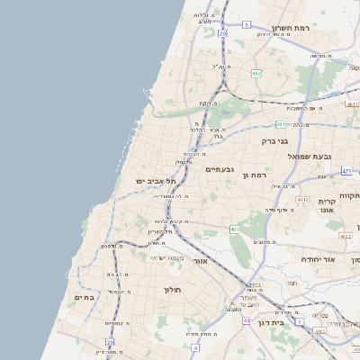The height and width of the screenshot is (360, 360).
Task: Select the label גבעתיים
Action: pyautogui.click(x=220, y=169)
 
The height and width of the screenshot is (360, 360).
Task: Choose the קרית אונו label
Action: pyautogui.click(x=325, y=206)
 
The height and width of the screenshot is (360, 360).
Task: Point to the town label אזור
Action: pyautogui.click(x=201, y=261)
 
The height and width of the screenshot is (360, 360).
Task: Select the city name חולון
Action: pyautogui.click(x=172, y=290)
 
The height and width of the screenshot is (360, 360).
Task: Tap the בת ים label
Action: pyautogui.click(x=85, y=297)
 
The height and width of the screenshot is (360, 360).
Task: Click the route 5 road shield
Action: pyautogui.click(x=246, y=24)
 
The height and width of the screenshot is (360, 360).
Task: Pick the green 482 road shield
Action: pyautogui.click(x=257, y=74)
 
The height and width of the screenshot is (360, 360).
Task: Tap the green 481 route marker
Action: pyautogui.click(x=281, y=123)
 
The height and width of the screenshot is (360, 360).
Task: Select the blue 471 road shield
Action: pyautogui.click(x=346, y=171)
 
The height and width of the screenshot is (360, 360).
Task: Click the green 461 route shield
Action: pyautogui.click(x=235, y=229)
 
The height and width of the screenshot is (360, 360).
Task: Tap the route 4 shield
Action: pyautogui.click(x=195, y=346)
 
